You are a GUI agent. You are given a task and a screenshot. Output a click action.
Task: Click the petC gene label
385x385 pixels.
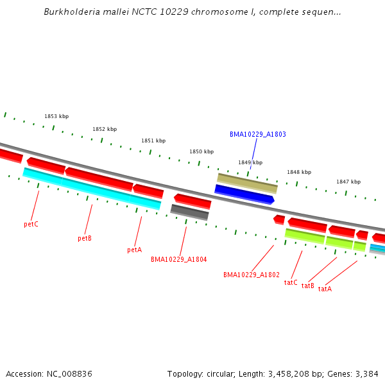point(31,225)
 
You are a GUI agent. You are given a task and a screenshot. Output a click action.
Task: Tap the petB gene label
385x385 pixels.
point(85,238)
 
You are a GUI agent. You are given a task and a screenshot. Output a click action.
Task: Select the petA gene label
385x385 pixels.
point(134,250)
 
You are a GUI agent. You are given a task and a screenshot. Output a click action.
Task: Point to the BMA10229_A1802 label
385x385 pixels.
point(252,275)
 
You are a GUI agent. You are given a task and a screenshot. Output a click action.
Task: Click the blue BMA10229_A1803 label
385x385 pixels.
point(257,135)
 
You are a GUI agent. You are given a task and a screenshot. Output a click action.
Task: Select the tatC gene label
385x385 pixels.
point(291,282)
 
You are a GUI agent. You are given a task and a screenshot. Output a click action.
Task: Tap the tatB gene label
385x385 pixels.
point(308,286)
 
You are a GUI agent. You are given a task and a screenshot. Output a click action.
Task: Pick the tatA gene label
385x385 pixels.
point(325,289)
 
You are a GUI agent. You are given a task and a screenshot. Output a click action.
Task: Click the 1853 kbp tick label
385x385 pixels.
point(56,116)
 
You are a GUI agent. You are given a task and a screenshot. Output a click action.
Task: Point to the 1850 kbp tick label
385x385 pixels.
point(201,152)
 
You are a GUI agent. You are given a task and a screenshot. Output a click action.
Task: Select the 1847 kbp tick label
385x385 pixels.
point(348,182)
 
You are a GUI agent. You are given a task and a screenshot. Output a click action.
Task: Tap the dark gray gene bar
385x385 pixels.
point(189,212)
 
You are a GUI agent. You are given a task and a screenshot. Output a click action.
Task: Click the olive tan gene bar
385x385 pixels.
point(247,182)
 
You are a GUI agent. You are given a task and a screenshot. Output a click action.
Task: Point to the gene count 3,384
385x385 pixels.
point(366,373)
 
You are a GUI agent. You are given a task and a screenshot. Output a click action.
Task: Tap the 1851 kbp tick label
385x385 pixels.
point(153,141)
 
